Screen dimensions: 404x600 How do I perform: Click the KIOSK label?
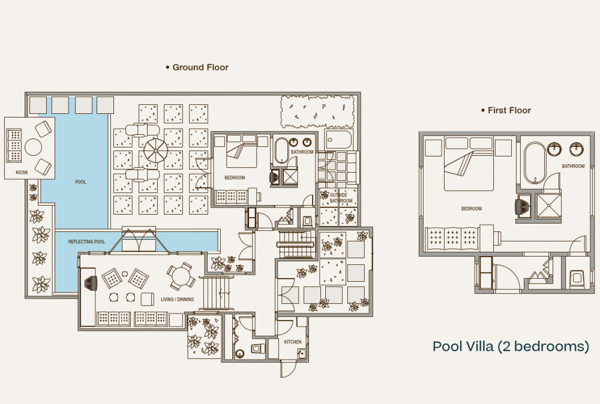[x=22, y=173]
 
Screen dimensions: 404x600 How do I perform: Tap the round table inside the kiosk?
[x=32, y=147]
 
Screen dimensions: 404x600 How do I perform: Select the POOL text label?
[x=80, y=182]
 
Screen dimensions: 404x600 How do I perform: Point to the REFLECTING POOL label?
[x=86, y=242]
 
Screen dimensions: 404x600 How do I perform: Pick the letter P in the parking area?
[x=323, y=107]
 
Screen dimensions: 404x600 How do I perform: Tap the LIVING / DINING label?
[x=176, y=299]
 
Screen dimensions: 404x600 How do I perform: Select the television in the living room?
[x=91, y=284]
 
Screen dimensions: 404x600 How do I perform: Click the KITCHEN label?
[x=293, y=342]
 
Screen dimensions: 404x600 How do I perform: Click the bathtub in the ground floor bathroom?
[x=281, y=150]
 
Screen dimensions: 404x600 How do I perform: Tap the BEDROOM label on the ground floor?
[x=234, y=177]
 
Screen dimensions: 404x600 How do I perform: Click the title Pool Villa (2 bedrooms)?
[x=511, y=346]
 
